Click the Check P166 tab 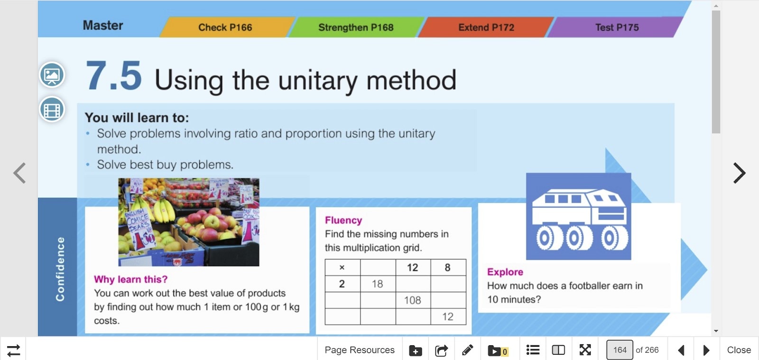point(225,27)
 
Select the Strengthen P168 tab point(356,27)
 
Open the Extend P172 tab point(486,27)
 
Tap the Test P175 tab point(617,27)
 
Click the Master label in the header point(103,26)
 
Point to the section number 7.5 point(113,76)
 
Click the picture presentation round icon point(52,75)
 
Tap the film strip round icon point(52,110)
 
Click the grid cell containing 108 point(413,300)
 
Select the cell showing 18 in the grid point(378,284)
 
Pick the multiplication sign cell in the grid point(342,268)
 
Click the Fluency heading point(343,220)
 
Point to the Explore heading point(505,272)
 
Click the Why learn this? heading point(131,279)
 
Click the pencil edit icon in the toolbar point(467,350)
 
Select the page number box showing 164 point(620,350)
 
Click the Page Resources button point(360,350)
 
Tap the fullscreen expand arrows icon point(585,350)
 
